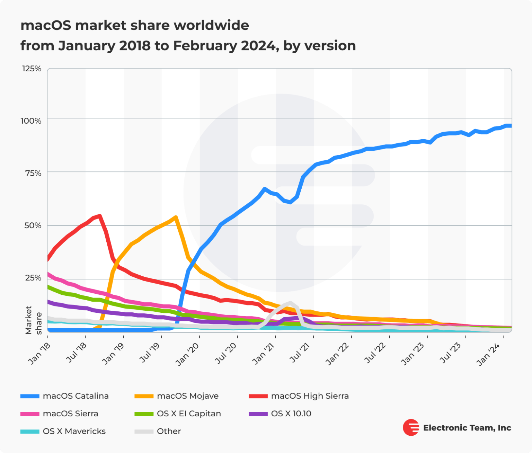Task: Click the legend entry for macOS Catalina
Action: click(76, 396)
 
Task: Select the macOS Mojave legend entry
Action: click(187, 396)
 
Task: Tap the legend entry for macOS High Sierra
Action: click(309, 396)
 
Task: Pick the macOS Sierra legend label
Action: click(70, 414)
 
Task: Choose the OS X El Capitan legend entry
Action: click(188, 414)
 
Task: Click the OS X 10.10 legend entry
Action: click(291, 414)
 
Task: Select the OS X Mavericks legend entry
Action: click(74, 431)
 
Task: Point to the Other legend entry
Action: click(169, 431)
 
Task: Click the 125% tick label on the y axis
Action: click(32, 69)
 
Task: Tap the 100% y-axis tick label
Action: click(31, 121)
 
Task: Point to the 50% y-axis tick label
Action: click(33, 225)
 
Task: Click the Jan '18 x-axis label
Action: click(39, 354)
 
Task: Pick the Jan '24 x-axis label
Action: click(488, 354)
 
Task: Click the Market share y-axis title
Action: click(33, 320)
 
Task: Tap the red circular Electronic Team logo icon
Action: click(411, 427)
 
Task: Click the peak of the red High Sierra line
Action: click(99, 216)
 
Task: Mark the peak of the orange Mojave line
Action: click(176, 217)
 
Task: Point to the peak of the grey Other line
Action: click(290, 303)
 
